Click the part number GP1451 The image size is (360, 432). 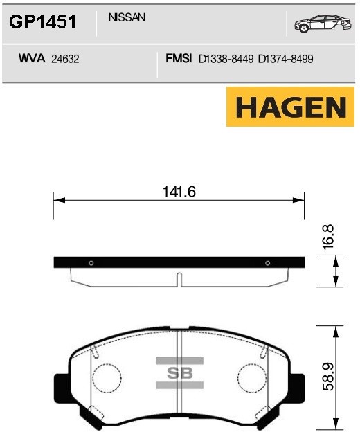click(42, 21)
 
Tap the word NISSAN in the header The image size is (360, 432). click(127, 17)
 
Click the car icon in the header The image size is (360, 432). click(323, 24)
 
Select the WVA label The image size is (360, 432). click(32, 58)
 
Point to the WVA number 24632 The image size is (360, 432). click(65, 59)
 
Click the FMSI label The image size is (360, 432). click(179, 58)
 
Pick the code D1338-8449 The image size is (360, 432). click(226, 59)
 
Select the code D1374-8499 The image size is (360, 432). click(286, 59)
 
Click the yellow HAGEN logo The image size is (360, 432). click(290, 107)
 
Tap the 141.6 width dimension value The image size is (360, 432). click(179, 192)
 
